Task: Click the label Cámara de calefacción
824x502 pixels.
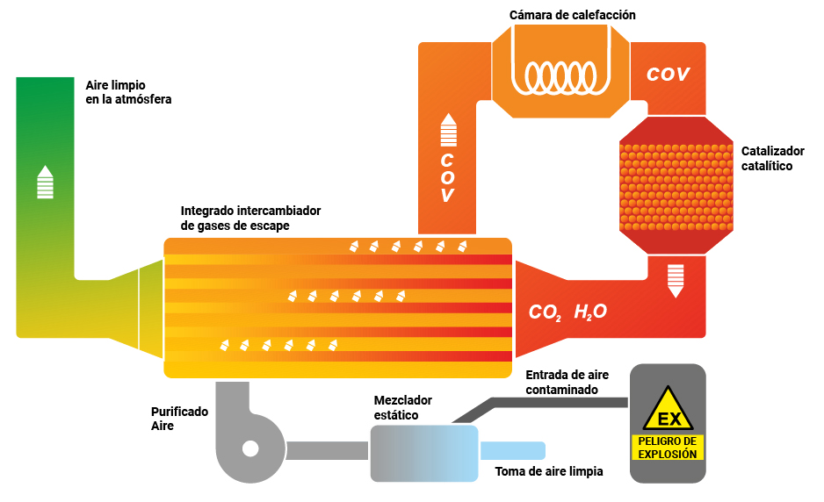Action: point(572,15)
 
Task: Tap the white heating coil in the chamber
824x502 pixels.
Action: point(560,78)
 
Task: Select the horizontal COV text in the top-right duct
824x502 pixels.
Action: point(668,74)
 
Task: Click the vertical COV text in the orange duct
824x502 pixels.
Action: point(447,177)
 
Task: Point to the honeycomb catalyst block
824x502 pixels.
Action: point(676,187)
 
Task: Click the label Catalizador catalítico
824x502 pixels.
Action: point(772,159)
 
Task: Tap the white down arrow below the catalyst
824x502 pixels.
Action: point(676,281)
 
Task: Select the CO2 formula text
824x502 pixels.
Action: point(545,312)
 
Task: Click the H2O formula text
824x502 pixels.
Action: point(590,312)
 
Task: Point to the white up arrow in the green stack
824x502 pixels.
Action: point(45,183)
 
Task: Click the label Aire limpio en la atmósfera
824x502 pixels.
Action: point(128,92)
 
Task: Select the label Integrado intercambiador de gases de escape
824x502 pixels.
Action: point(250,218)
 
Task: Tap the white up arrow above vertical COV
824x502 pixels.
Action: point(448,130)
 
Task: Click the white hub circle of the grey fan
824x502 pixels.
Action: point(250,449)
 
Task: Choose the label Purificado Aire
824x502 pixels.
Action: point(179,419)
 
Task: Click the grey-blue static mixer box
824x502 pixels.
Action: point(424,454)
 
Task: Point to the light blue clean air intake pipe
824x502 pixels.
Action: point(513,450)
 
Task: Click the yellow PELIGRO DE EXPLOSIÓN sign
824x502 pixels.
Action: point(668,448)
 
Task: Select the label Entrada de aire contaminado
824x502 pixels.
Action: point(567,383)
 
